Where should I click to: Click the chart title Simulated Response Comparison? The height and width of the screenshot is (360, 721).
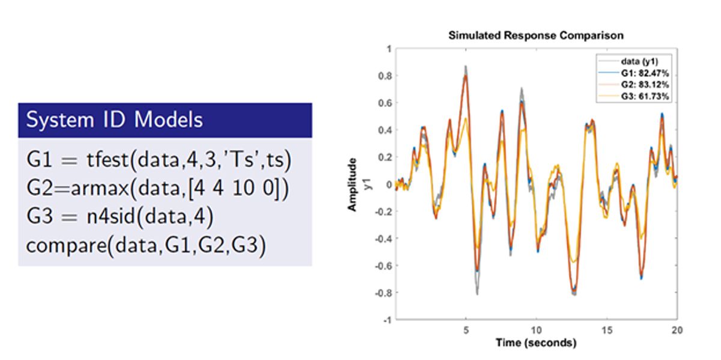[536, 35]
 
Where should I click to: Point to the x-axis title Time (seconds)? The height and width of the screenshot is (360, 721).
[536, 343]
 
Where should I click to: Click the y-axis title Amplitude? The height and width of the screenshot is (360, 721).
[353, 184]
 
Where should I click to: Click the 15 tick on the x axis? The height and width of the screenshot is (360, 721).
[607, 330]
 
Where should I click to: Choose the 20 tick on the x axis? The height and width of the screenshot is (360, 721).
[677, 330]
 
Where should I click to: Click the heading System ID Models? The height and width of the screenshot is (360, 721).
[114, 120]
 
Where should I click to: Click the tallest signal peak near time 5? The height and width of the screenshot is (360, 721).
[465, 67]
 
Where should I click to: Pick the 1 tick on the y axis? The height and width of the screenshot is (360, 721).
[388, 49]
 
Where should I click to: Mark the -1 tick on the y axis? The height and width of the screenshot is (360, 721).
[385, 320]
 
